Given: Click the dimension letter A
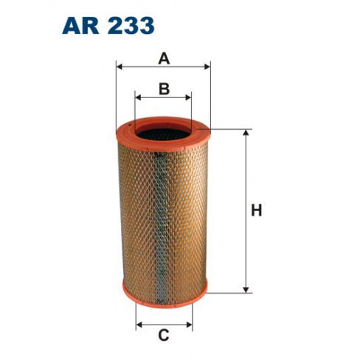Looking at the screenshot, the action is [164, 59].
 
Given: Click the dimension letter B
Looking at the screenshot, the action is [165, 89].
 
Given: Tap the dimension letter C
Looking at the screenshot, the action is [164, 335].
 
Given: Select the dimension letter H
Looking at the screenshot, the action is [257, 211].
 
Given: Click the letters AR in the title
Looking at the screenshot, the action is [80, 26].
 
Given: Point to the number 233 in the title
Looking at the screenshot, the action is [131, 26].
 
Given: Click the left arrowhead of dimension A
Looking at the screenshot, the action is [120, 66].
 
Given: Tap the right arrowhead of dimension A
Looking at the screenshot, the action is [207, 66].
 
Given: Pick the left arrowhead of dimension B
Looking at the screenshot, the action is [138, 97].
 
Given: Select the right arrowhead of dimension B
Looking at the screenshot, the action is [188, 97].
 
